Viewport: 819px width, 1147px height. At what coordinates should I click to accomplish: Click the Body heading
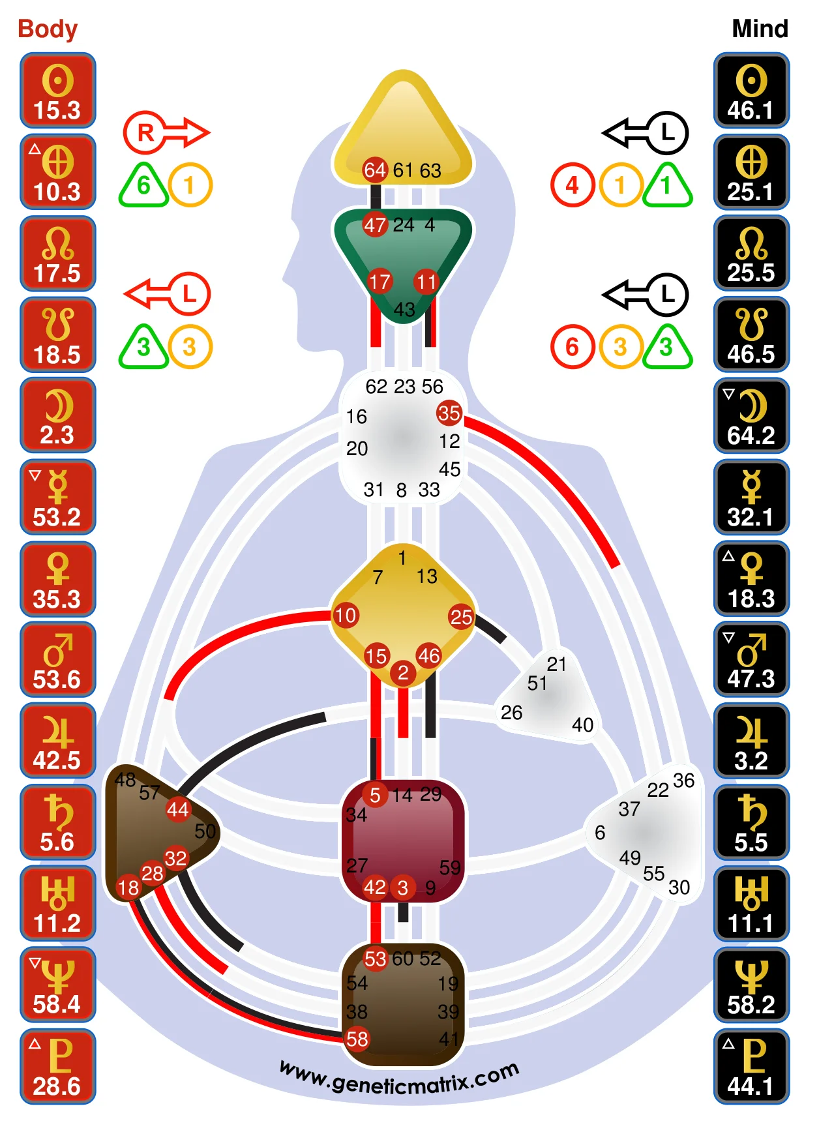coord(48,29)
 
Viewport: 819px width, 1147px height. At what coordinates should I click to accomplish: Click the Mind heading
coord(760,29)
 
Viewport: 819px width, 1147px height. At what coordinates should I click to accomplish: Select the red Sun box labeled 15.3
coord(58,91)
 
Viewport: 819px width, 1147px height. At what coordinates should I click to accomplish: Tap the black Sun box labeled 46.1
coord(751,91)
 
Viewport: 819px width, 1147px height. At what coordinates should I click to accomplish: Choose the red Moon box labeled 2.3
coord(58,415)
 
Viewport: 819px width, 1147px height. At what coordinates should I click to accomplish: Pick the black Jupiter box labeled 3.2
coord(751,741)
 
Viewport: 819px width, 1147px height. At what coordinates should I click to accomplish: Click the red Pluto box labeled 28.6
coord(58,1066)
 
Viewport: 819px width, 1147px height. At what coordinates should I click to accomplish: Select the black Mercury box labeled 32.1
coord(751,498)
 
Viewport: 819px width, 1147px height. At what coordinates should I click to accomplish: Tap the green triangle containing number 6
coord(143,186)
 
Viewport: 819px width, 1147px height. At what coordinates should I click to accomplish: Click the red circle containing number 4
coord(572,185)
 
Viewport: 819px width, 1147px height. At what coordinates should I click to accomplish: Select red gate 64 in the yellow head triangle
coord(375,170)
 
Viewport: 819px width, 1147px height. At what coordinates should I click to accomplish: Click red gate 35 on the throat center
coord(449,413)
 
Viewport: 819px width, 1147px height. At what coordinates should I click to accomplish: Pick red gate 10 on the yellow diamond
coord(346,615)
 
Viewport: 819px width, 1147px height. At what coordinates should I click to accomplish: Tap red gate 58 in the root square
coord(357,1039)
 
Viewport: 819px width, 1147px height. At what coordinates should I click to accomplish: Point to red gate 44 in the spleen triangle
coord(177,810)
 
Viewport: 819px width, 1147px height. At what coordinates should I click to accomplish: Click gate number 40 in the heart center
coord(582,725)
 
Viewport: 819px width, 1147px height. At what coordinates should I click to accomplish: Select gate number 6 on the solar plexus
coord(600,833)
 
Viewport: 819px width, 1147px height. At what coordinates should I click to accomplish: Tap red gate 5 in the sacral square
coord(375,795)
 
